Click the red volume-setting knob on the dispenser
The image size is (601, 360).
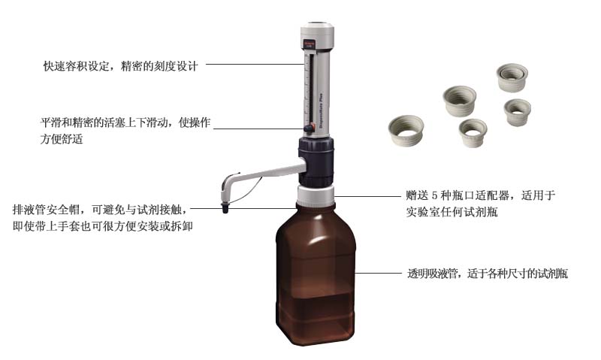[309, 129]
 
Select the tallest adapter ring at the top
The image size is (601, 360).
[512, 77]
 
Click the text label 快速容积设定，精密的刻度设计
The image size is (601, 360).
[120, 66]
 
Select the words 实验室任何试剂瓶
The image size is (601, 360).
[447, 213]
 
